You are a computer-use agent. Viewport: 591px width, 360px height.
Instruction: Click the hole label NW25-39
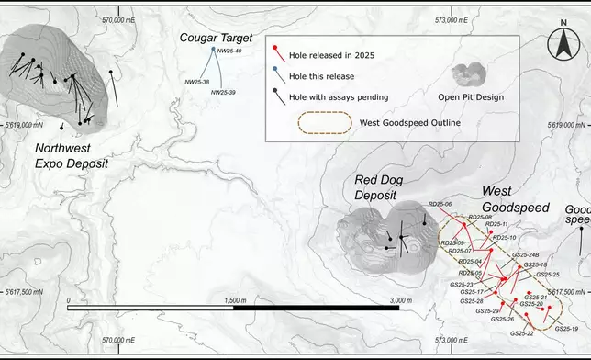click(223, 93)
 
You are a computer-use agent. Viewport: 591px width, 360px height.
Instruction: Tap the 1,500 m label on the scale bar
click(234, 300)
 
